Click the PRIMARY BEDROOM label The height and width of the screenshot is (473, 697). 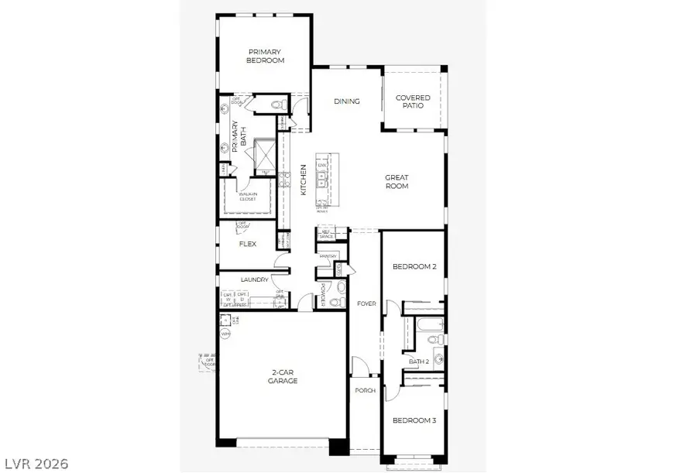point(265,57)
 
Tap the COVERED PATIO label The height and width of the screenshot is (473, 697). point(413,101)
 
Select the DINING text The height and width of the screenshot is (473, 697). point(346,101)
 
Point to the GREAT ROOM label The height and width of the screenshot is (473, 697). point(397,182)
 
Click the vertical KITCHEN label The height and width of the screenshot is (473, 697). point(304,180)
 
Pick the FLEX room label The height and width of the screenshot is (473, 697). point(247,244)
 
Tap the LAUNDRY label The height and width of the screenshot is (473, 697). point(255,279)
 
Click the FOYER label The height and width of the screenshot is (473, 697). point(366,303)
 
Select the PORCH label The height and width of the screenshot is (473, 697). point(366,390)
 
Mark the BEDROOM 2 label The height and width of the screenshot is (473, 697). point(414,266)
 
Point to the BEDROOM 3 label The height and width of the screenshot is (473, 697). point(413,420)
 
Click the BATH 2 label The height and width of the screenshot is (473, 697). point(419,361)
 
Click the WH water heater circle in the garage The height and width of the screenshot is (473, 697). point(225,334)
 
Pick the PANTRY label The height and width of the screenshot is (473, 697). point(327,255)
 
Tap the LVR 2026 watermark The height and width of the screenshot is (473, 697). point(34,463)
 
